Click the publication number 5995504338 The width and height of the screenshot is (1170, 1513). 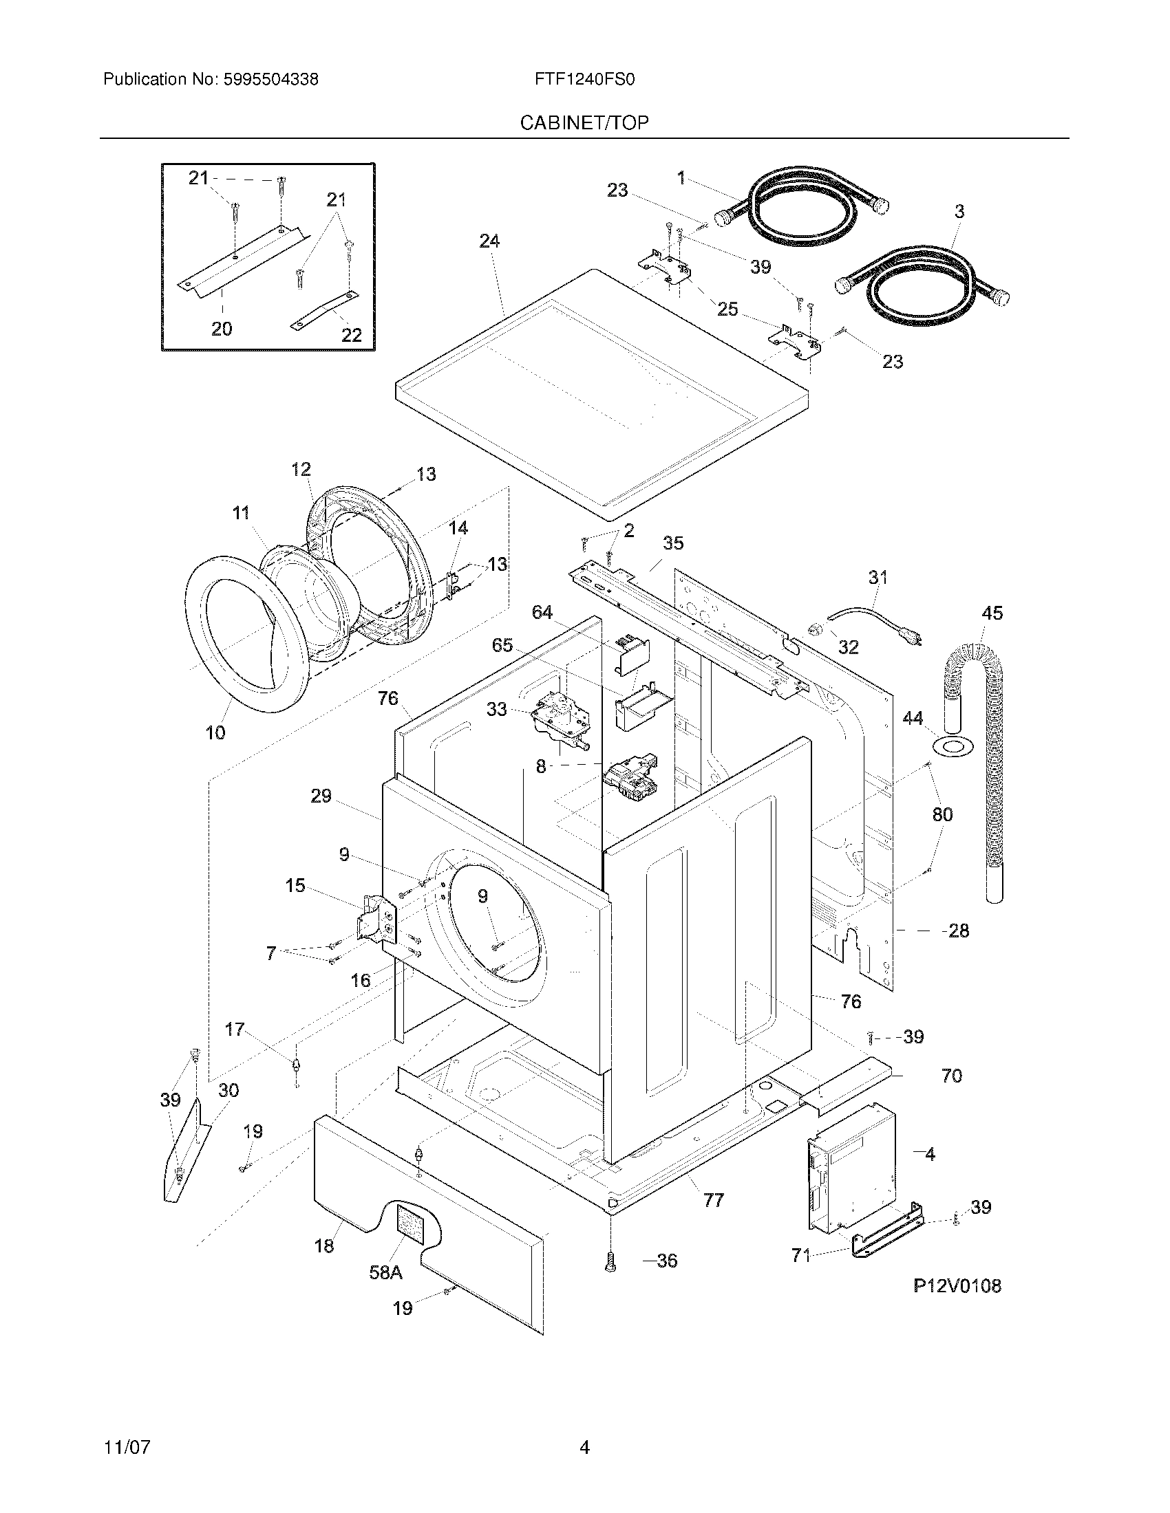(270, 80)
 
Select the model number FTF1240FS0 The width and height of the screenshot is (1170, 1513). (584, 80)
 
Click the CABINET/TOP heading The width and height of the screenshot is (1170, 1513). (584, 123)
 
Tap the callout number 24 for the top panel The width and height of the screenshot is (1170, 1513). (489, 241)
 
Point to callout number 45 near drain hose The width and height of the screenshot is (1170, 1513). (992, 613)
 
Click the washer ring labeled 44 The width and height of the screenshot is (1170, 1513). (954, 748)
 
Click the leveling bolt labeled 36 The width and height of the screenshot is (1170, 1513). (610, 1262)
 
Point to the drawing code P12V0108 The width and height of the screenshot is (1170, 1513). (957, 1286)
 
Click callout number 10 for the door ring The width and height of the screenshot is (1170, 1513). (215, 732)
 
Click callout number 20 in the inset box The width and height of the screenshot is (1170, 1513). (222, 328)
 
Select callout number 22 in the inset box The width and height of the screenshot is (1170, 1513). (352, 336)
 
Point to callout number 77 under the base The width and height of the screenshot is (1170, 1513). (713, 1201)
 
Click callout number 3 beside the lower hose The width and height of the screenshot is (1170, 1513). (959, 212)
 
